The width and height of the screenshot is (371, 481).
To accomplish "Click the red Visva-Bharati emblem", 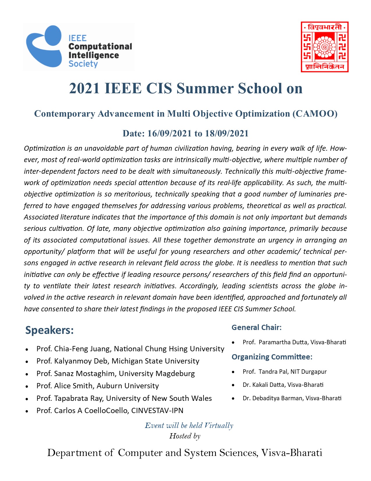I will pos(324,47).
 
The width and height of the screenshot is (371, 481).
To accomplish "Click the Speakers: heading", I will pos(49,330).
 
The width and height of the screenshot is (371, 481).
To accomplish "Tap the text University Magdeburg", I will pos(157,373).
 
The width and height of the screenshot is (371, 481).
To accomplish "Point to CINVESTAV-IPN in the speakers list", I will pos(157,410).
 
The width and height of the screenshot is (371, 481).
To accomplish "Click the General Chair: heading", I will pos(256,327).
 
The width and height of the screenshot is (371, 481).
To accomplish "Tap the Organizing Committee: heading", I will pos(272,357).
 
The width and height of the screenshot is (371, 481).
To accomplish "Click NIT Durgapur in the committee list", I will pos(308,372).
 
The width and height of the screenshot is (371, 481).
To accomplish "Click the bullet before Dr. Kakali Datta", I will pos(233,385).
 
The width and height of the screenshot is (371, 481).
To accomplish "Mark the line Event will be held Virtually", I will pos(189,425).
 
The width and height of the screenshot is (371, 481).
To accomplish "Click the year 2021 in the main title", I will pos(85,88).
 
